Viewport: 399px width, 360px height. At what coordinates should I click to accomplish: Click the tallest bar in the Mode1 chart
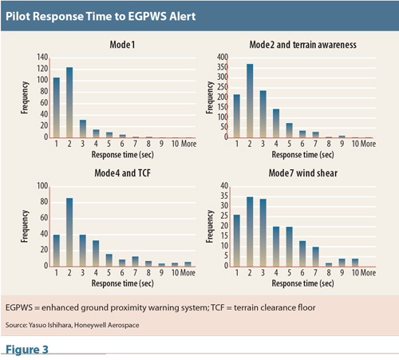pos(69,102)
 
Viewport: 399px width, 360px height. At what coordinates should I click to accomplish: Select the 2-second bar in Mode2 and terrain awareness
pos(250,101)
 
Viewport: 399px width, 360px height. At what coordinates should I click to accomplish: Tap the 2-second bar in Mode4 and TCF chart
pos(69,232)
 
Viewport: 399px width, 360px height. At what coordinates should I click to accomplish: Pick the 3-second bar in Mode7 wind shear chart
pos(263,232)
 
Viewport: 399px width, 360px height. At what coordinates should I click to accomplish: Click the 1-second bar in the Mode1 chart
pos(57,108)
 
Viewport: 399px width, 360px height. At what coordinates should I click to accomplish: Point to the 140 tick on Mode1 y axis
pos(42,57)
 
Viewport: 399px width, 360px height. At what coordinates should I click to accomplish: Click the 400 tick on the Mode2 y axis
pos(223,57)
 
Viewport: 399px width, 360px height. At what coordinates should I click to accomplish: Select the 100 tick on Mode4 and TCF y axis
pos(42,186)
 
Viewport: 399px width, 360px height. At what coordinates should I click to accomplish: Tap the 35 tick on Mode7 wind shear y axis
pos(224,196)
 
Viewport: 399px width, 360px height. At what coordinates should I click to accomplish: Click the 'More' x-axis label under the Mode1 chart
pos(188,144)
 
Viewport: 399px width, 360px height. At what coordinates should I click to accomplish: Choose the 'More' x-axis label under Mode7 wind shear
pos(369,272)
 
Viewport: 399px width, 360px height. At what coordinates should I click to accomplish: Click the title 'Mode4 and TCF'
pos(122,173)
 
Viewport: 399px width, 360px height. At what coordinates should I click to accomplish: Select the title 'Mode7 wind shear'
pos(303,173)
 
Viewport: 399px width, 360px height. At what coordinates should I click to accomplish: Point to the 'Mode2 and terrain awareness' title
pos(302,45)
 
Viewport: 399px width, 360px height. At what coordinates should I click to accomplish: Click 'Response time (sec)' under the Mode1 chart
pos(123,155)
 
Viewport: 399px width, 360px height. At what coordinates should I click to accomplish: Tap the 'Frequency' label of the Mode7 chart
pos(210,227)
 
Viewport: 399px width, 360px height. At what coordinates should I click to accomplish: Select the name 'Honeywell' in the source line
pos(89,325)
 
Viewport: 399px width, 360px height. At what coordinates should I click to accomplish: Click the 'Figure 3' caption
pos(27,350)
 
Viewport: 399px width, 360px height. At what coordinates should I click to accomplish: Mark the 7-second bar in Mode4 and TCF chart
pos(135,261)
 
